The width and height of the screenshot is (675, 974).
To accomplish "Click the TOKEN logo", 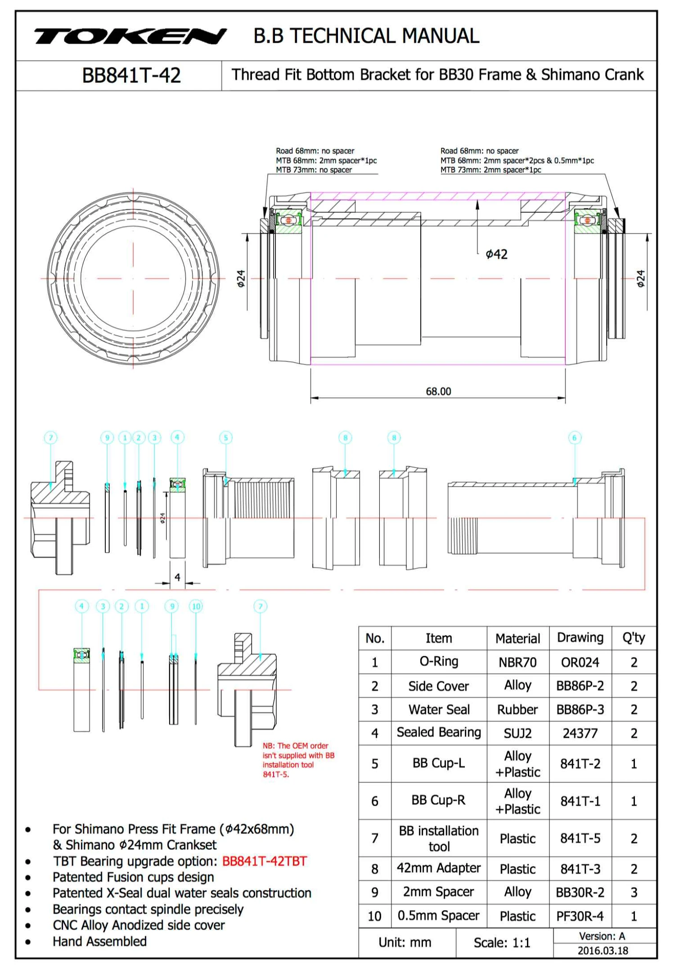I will tap(130, 36).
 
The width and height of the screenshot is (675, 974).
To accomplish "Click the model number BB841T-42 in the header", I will tap(131, 76).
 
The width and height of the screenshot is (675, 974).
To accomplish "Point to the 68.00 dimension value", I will tap(438, 392).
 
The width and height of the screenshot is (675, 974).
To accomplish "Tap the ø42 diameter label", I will tap(496, 255).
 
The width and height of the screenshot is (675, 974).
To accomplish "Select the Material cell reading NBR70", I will tap(517, 663).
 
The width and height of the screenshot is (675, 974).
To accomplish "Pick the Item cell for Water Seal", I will tap(439, 710).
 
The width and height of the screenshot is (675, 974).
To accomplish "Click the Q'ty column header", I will tap(634, 638).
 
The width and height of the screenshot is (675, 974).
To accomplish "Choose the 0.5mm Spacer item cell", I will tap(439, 916).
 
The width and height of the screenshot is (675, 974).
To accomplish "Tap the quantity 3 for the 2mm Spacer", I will tap(634, 893).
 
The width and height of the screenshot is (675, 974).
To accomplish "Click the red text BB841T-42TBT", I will tap(265, 861).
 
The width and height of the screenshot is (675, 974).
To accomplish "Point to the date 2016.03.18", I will tap(603, 951).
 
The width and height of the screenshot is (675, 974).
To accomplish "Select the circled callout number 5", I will tap(226, 437).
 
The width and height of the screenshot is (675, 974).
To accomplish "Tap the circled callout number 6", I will tap(575, 437).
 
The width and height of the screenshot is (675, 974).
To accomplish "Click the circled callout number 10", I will tap(196, 606).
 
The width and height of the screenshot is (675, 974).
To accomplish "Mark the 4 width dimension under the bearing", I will tap(177, 577).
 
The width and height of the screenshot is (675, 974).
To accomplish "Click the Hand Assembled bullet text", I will tap(100, 942).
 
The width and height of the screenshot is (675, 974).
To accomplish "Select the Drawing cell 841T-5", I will tap(580, 838).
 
